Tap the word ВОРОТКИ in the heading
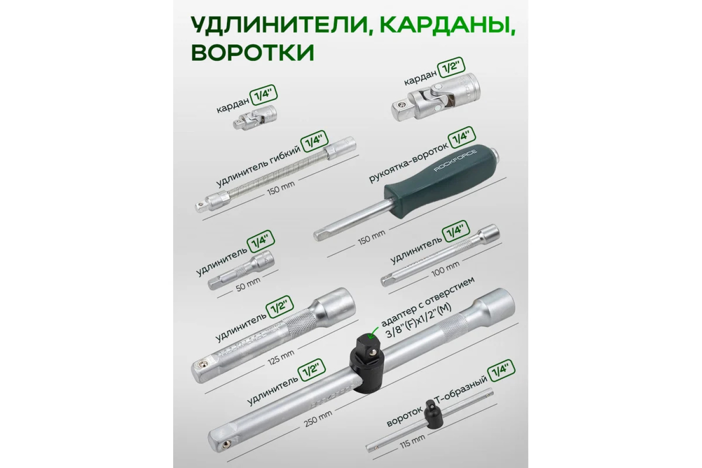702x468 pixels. coord(253,53)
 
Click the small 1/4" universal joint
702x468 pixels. coord(255,117)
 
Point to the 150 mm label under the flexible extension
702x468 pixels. coord(281,188)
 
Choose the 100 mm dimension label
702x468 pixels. coord(446,269)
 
